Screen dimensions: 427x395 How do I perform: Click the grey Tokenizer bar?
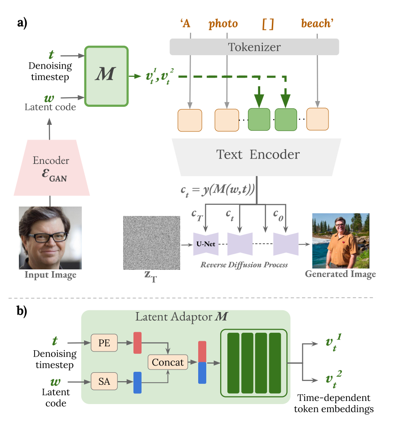254,47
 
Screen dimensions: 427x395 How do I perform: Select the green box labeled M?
106,76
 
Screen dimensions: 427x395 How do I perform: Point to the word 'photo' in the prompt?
223,23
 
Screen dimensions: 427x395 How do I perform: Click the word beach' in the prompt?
317,23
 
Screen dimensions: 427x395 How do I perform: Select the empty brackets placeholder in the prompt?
268,23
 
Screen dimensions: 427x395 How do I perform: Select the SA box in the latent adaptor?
104,382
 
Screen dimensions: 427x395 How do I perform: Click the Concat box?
168,362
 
